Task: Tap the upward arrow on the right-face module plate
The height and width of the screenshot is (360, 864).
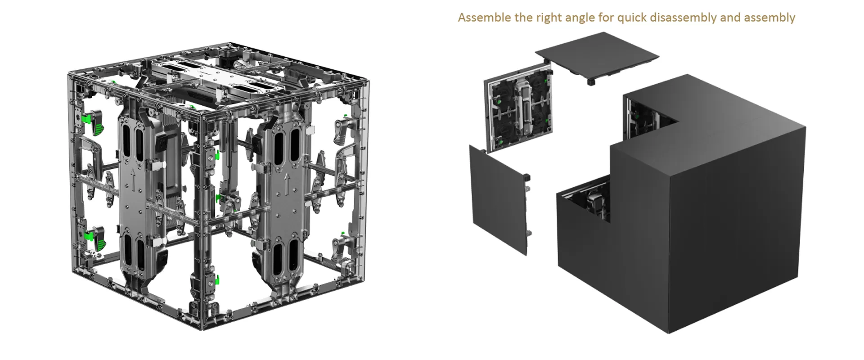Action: point(287,183)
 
